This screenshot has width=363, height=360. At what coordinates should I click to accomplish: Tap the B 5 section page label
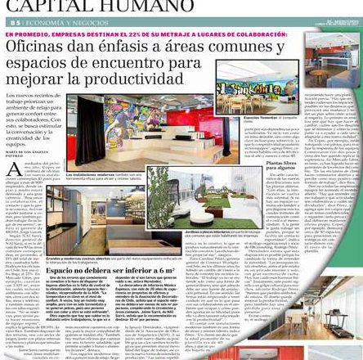coord(11,22)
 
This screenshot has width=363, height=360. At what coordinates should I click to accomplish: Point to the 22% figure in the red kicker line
coord(132,34)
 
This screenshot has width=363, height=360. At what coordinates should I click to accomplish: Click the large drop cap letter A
coord(14,169)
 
